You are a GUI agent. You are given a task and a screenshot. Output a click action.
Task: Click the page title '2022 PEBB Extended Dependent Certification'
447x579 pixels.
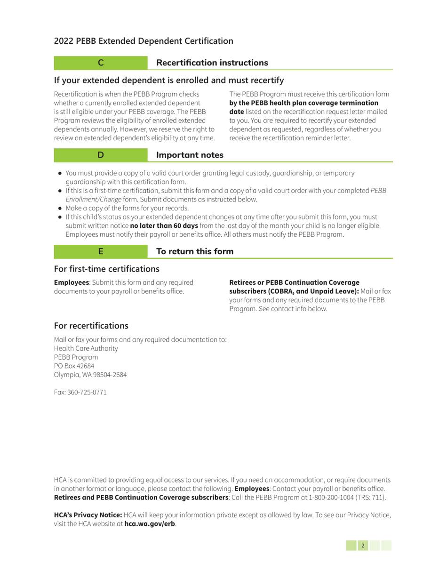point(143,40)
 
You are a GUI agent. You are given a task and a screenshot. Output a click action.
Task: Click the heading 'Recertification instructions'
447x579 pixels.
point(212,62)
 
